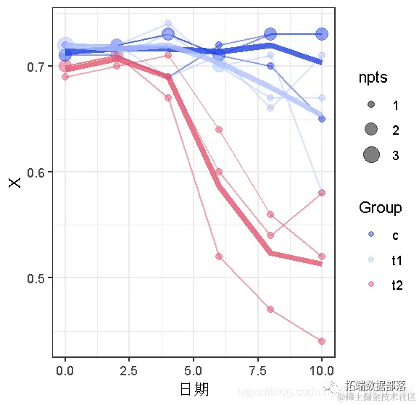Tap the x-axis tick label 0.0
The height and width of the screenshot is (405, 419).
click(65, 369)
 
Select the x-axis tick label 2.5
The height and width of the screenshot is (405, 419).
click(129, 369)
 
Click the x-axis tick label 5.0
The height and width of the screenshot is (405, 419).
click(194, 369)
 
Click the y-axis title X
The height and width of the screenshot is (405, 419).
click(14, 182)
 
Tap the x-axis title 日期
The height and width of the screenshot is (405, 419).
click(194, 389)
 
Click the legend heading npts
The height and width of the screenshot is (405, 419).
click(372, 78)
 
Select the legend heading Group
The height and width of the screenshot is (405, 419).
click(380, 208)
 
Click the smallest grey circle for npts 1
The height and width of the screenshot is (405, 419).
click(371, 105)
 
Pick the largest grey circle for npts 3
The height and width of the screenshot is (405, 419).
click(371, 154)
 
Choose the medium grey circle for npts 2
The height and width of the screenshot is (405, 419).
click(371, 130)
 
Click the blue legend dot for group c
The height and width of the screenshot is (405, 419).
click(371, 235)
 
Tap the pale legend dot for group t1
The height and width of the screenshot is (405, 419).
click(371, 260)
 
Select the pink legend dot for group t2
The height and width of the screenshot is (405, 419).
click(371, 285)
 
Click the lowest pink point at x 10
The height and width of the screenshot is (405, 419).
click(322, 341)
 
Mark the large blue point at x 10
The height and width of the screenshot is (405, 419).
click(322, 34)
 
